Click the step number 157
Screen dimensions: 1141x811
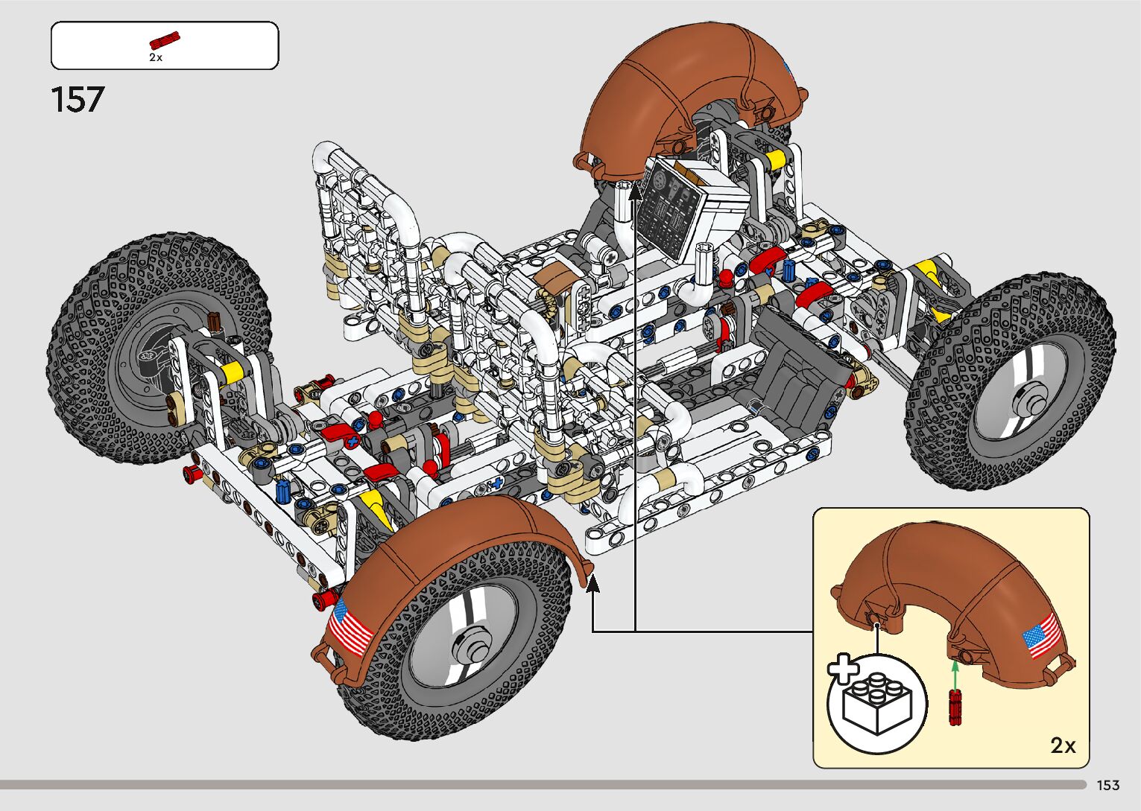pyautogui.click(x=78, y=100)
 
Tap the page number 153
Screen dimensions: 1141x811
pyautogui.click(x=1108, y=785)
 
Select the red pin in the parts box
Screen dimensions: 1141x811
pyautogui.click(x=165, y=40)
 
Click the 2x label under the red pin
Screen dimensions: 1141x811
pyautogui.click(x=156, y=58)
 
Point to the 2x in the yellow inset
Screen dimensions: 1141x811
pyautogui.click(x=1063, y=745)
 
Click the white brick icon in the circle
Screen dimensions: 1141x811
pyautogui.click(x=877, y=703)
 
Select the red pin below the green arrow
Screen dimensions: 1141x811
pyautogui.click(x=955, y=707)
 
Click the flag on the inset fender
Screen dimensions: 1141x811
pyautogui.click(x=1042, y=636)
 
